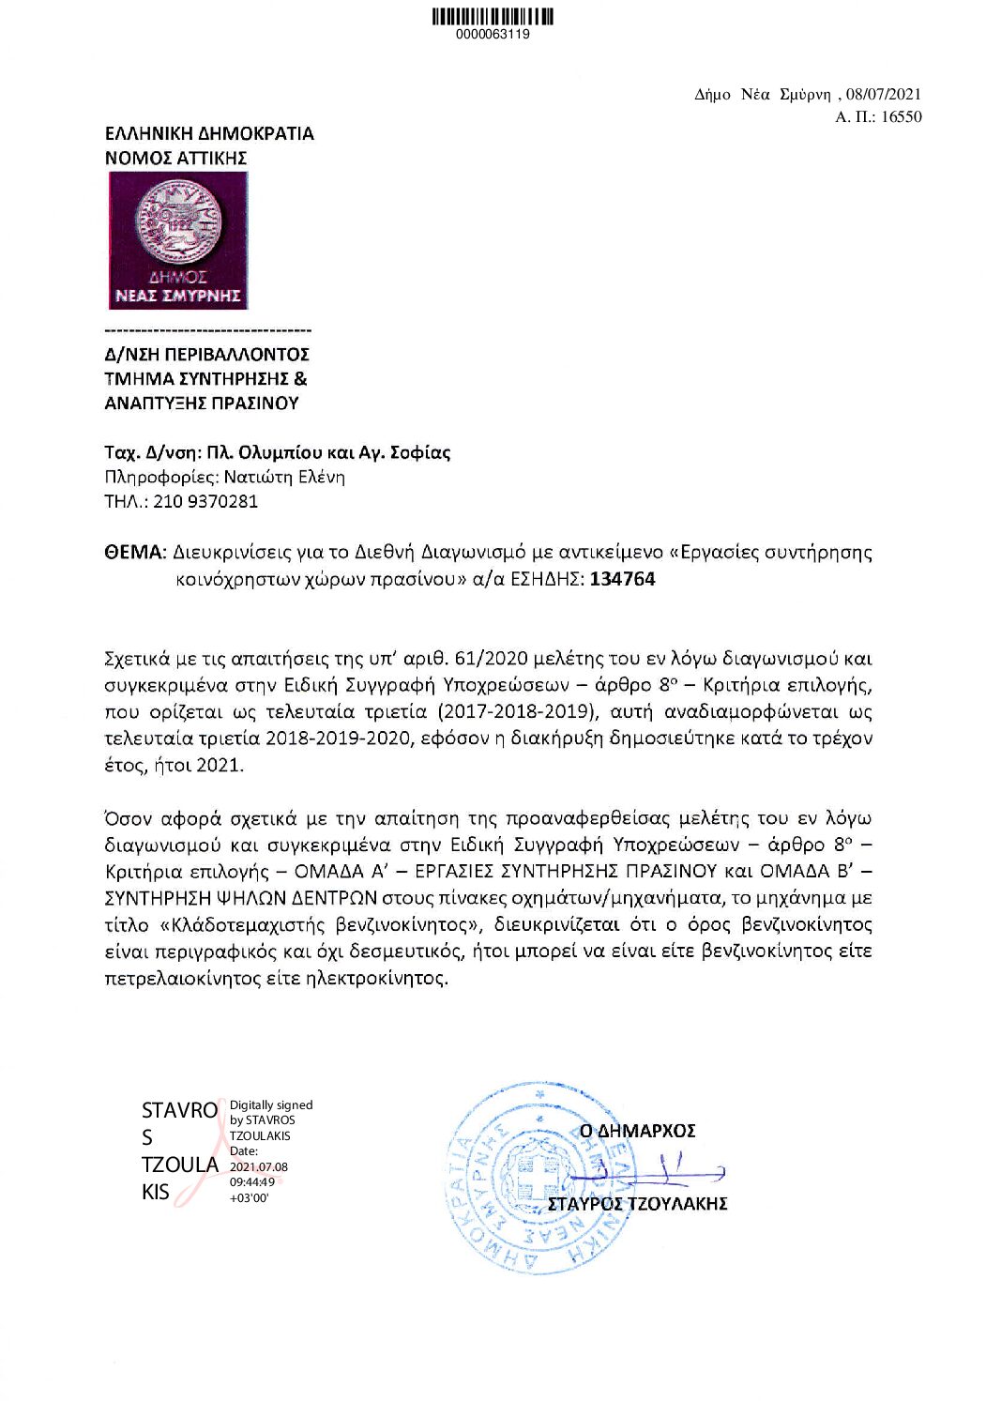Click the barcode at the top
(x=493, y=16)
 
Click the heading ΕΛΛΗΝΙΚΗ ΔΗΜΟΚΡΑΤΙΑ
(x=209, y=133)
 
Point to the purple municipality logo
(x=178, y=240)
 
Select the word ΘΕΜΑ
(x=134, y=552)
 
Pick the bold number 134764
(x=622, y=579)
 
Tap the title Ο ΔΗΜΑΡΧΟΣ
(x=637, y=1131)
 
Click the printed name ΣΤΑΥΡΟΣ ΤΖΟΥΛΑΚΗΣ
(x=637, y=1204)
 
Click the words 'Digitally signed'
(x=271, y=1105)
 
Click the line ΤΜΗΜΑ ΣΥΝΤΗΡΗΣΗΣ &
(x=205, y=379)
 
